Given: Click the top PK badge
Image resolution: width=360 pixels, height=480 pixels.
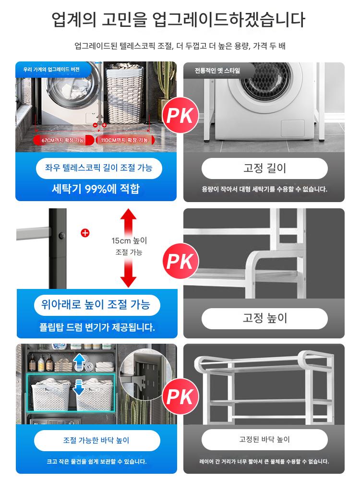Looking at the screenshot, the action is click(x=180, y=115).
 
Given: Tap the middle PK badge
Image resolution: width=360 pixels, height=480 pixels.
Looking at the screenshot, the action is click(x=180, y=261).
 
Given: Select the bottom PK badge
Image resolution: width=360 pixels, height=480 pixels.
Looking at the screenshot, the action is click(x=180, y=397).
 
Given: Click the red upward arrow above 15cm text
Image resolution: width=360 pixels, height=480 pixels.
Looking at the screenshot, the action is click(x=128, y=222).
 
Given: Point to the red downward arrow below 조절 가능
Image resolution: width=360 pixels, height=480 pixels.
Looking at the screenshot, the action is click(x=128, y=273).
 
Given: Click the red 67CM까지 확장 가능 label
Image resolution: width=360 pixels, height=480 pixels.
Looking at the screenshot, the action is click(x=64, y=140).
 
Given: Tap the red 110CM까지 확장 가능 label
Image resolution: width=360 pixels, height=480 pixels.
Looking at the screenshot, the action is click(x=125, y=140).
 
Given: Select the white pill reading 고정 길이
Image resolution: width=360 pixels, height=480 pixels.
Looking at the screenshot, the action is click(x=264, y=168).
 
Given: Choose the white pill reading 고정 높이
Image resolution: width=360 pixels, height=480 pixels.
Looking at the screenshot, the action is click(x=264, y=318).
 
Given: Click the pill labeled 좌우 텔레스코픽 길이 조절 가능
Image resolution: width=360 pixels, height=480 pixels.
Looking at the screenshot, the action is click(x=99, y=168).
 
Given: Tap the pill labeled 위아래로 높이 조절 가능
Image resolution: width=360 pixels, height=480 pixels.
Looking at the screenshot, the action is click(x=97, y=305).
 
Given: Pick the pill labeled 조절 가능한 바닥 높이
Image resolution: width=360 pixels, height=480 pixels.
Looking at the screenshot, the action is click(x=97, y=440).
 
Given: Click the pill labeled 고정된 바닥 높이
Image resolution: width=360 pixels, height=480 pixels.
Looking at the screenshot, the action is click(x=264, y=440).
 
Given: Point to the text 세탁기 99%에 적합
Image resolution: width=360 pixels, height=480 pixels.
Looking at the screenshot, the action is click(x=96, y=189).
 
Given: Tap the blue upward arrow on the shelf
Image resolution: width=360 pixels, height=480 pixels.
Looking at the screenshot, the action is click(x=80, y=362).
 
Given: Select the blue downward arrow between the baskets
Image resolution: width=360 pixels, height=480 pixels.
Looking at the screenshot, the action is click(x=78, y=387).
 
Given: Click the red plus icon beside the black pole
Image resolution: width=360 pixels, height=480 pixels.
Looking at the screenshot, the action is click(x=85, y=233).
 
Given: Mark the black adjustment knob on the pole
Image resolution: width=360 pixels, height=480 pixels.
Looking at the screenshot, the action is click(x=61, y=236).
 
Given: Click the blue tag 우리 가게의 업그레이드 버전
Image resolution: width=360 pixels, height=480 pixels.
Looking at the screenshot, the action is click(x=52, y=70).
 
